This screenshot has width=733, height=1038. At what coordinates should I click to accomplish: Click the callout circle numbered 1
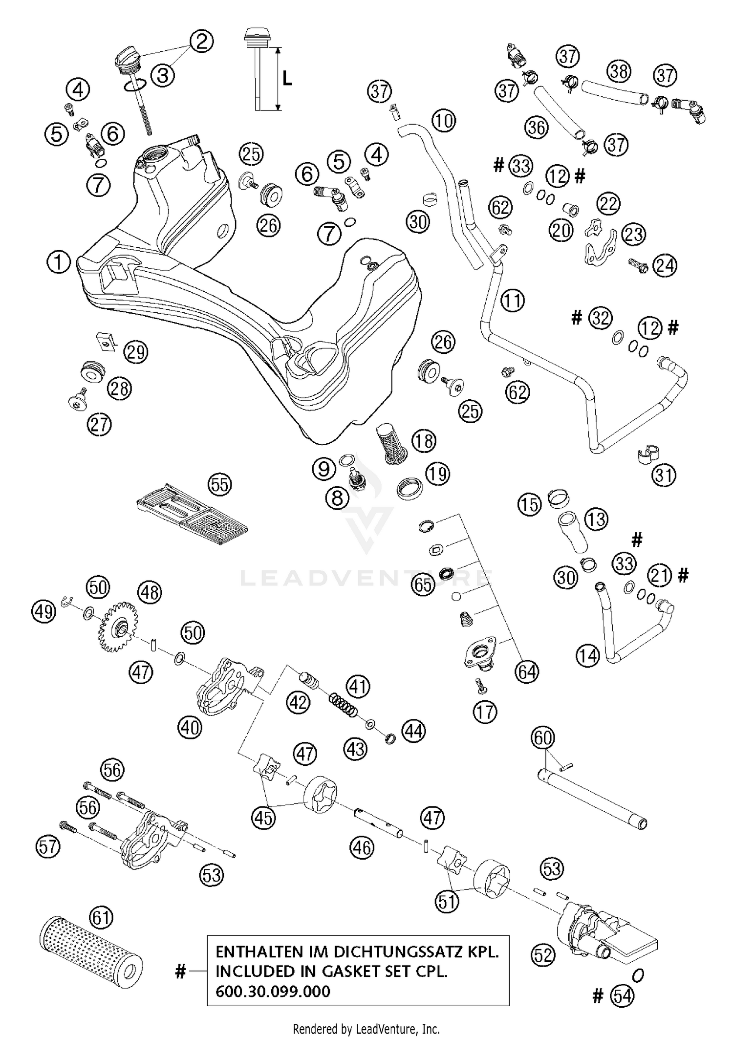59,262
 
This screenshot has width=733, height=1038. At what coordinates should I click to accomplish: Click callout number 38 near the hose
619,71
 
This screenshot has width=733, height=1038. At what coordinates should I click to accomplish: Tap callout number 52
543,954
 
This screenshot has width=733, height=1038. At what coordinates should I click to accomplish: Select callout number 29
135,352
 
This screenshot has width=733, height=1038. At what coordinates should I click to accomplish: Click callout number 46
362,847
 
